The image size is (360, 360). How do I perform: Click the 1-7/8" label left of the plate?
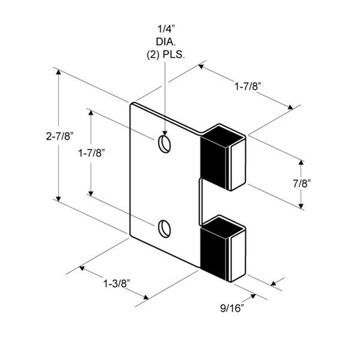coord(92,153)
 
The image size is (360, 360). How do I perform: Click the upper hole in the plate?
coord(164,144)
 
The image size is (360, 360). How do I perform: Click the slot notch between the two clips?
coord(201,198)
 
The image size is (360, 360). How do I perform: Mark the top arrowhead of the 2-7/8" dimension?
coord(59,72)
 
